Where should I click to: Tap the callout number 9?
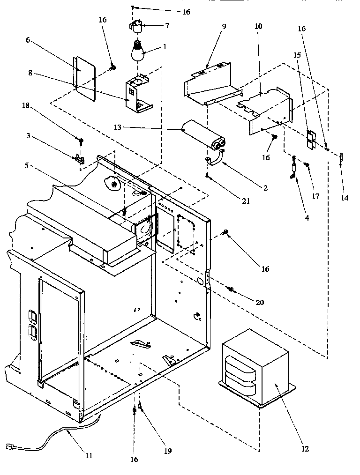click(x=224, y=26)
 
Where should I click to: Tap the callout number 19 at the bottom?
click(x=168, y=451)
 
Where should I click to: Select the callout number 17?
click(x=315, y=196)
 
